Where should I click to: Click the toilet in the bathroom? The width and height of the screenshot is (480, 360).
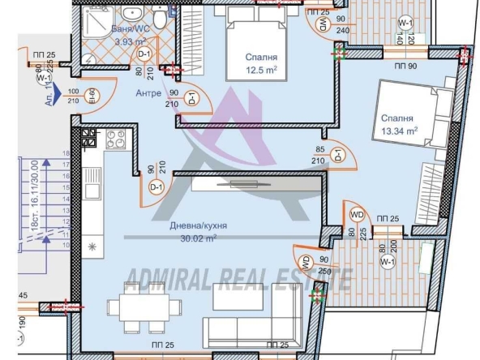(x=159, y=19)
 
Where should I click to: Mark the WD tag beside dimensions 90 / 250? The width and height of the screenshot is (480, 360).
(x=306, y=264)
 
